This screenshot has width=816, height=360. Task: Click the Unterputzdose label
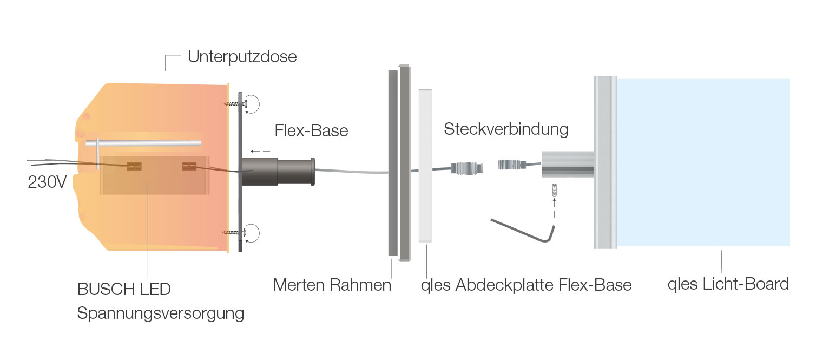(x=242, y=56)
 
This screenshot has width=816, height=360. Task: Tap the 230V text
(x=47, y=182)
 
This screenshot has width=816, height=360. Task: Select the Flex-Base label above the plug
(x=311, y=130)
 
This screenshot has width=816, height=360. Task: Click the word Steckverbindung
(x=506, y=129)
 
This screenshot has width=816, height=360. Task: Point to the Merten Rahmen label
(x=332, y=285)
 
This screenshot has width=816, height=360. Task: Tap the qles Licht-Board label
(x=728, y=284)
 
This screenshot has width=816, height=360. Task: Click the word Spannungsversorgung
(x=161, y=313)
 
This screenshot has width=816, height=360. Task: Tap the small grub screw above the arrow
(x=554, y=189)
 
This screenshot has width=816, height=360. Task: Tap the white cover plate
(x=426, y=166)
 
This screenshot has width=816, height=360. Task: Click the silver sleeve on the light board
(x=568, y=164)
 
